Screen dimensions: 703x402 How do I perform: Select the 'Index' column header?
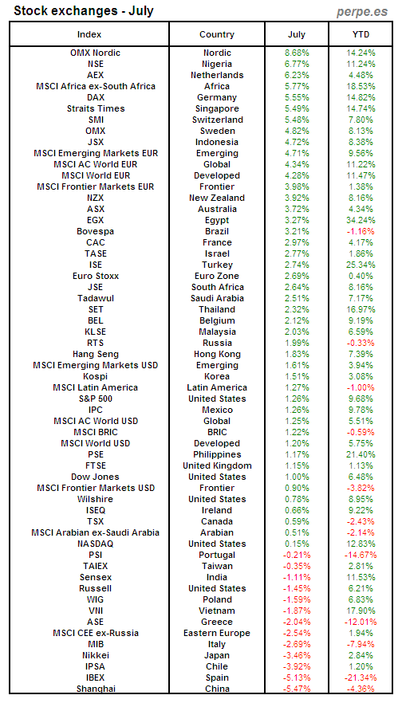click(x=95, y=34)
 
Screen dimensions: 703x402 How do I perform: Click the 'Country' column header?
click(x=216, y=34)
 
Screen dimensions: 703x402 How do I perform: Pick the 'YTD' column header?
click(x=361, y=34)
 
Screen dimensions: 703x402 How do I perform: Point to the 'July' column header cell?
click(x=297, y=34)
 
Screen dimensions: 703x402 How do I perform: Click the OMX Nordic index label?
click(x=95, y=53)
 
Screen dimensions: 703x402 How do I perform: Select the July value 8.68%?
click(x=298, y=53)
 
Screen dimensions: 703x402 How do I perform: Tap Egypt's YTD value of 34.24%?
click(x=361, y=220)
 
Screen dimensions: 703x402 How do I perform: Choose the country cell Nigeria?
click(x=216, y=64)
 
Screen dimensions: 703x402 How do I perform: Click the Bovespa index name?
click(x=95, y=231)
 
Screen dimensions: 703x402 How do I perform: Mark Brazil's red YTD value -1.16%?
click(x=361, y=231)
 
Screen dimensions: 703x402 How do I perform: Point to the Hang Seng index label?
click(x=95, y=354)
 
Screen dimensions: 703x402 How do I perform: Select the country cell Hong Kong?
click(x=216, y=354)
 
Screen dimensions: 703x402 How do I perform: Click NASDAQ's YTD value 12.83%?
click(x=361, y=544)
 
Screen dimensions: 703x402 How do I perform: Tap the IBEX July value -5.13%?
click(x=298, y=677)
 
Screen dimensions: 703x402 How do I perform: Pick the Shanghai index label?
click(x=95, y=689)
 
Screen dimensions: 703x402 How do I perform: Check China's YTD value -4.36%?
click(x=361, y=689)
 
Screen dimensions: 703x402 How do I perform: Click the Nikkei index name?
click(x=95, y=655)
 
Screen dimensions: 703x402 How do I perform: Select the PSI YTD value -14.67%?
click(x=361, y=555)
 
